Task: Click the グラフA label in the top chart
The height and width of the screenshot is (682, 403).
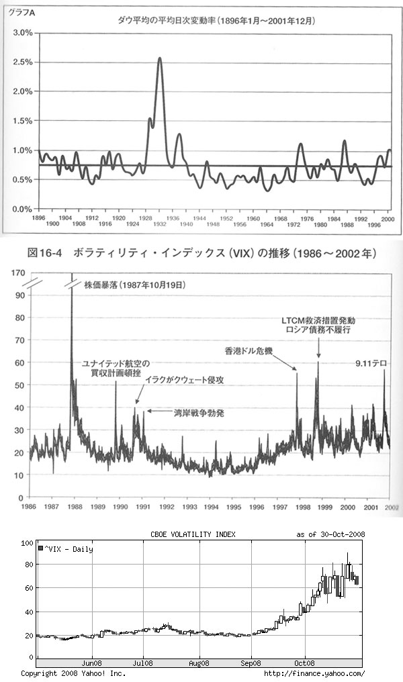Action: point(19,10)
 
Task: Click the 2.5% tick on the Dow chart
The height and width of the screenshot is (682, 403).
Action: point(21,62)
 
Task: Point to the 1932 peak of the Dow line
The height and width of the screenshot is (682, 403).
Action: point(160,58)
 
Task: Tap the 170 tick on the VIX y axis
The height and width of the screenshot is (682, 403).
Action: point(18,273)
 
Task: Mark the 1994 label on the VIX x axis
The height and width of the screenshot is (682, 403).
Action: point(211,507)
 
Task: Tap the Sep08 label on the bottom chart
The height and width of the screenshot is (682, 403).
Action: point(251,663)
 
